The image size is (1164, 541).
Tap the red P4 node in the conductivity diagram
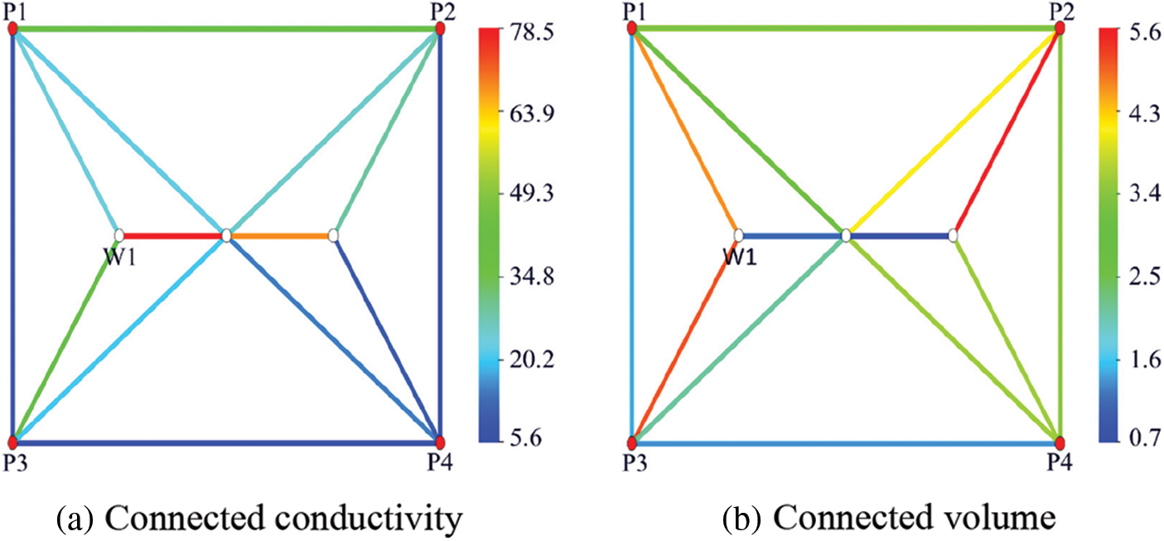[440, 442]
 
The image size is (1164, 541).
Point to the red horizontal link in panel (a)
[172, 236]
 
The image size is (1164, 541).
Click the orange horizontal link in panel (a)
[280, 236]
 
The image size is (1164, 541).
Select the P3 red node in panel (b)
[632, 442]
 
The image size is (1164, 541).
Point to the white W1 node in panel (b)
[739, 235]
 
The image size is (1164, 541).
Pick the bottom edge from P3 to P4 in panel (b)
[845, 444]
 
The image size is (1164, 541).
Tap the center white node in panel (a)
[226, 236]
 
